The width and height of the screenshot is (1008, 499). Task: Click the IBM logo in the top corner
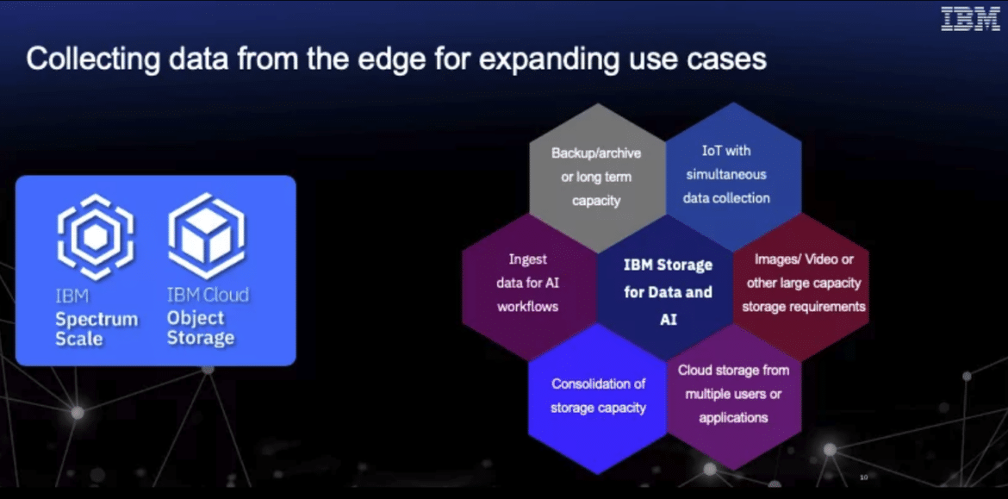click(970, 19)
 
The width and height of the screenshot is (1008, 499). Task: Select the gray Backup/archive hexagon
click(596, 177)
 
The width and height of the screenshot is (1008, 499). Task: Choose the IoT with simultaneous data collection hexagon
click(733, 176)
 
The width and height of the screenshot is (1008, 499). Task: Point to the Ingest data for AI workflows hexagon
click(529, 287)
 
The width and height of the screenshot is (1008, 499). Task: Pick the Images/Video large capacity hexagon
click(801, 287)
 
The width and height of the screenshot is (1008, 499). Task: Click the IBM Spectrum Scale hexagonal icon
click(96, 236)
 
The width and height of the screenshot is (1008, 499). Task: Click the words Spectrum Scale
click(96, 329)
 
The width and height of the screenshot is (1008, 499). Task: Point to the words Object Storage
click(201, 328)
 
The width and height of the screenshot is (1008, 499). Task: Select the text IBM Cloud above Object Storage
click(208, 295)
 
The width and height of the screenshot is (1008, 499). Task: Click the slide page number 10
click(863, 477)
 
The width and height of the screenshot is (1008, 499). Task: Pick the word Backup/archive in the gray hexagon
click(596, 153)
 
